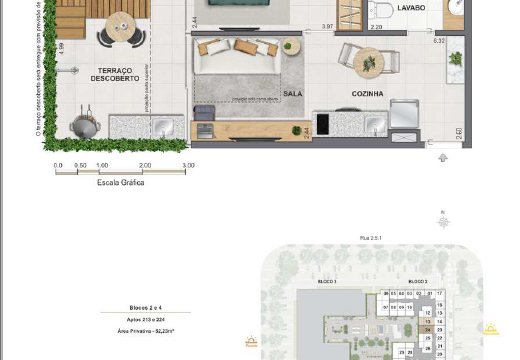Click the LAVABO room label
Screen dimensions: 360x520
pyautogui.click(x=410, y=7)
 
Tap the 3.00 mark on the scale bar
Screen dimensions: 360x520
pyautogui.click(x=188, y=165)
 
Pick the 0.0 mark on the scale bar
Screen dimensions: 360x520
pyautogui.click(x=58, y=165)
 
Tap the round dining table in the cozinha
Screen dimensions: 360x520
pyautogui.click(x=368, y=61)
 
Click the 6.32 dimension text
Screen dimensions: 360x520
pyautogui.click(x=438, y=40)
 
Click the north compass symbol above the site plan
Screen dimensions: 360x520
pyautogui.click(x=443, y=220)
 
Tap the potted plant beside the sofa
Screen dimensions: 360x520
pyautogui.click(x=291, y=46)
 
